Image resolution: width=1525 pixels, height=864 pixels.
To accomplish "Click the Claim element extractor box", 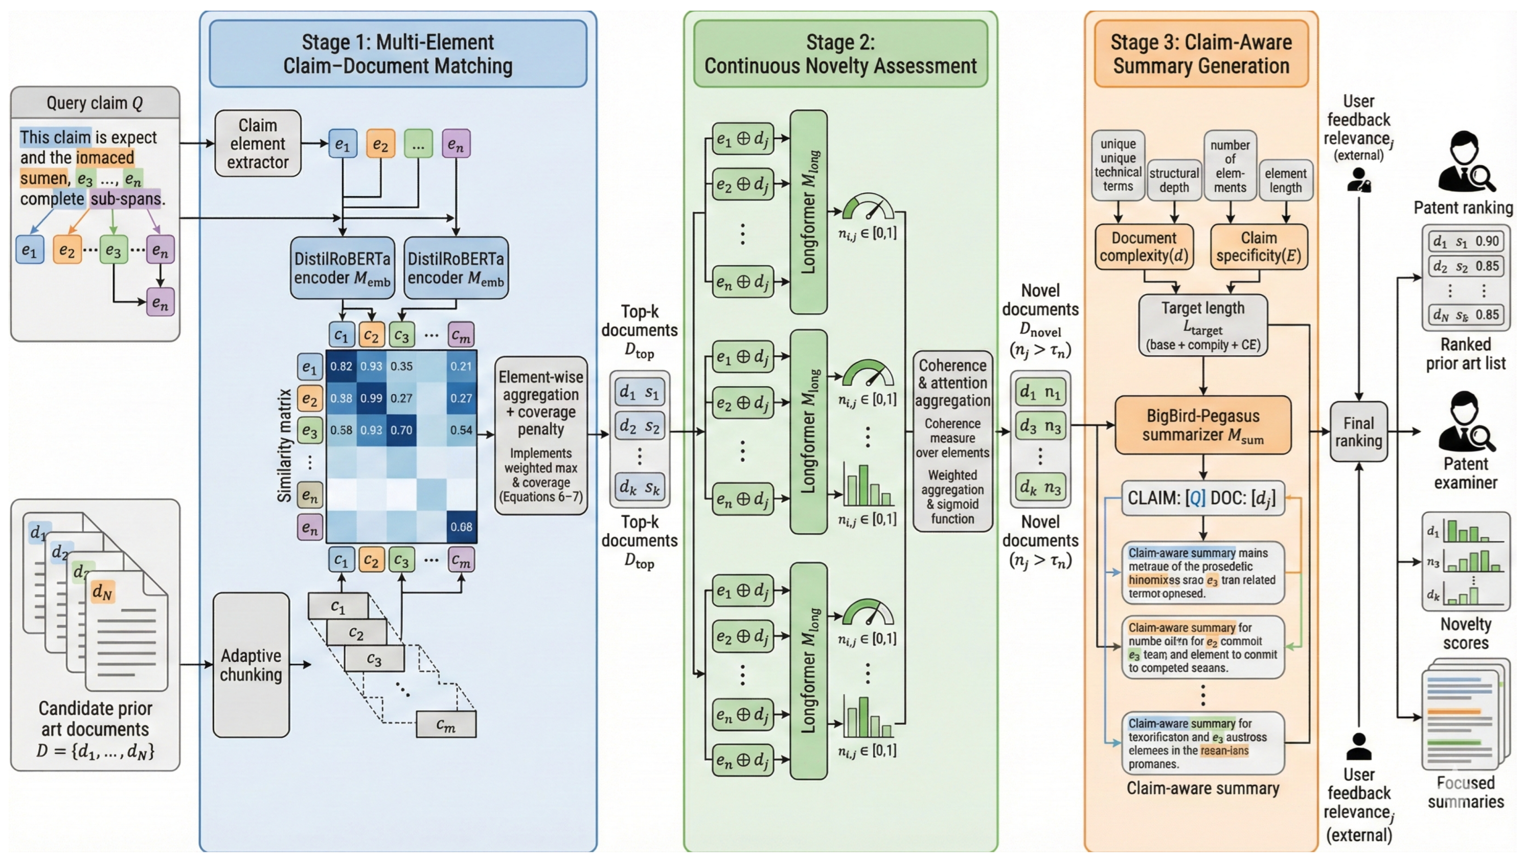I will click(258, 144).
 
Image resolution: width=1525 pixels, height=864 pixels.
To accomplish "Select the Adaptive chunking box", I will click(251, 665).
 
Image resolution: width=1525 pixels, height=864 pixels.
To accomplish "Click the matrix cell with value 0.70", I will click(401, 430).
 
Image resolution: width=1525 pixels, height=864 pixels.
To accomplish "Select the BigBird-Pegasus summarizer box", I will click(1202, 425).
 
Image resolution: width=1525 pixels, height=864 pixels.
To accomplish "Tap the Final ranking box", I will click(1358, 432).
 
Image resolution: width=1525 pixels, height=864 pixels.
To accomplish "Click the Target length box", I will click(1202, 326).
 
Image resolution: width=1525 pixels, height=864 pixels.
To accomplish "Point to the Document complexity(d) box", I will click(1144, 247).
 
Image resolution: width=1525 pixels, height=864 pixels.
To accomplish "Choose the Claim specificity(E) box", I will click(1258, 247).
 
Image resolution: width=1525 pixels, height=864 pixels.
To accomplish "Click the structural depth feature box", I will click(1174, 180).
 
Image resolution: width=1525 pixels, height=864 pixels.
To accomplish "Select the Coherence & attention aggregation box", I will click(952, 441).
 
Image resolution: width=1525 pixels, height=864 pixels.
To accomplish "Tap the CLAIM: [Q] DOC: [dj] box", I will click(1202, 498).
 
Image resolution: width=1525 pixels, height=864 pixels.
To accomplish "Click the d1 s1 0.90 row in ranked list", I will click(1465, 241).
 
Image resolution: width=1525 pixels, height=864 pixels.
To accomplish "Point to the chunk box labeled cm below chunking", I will click(446, 724).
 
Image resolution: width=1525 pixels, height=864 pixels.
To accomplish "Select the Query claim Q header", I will click(95, 103).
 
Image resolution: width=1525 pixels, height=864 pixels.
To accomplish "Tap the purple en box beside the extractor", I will click(456, 144).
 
